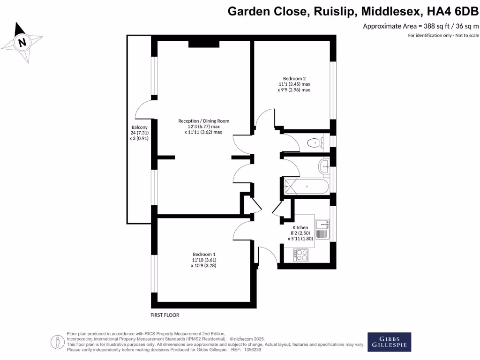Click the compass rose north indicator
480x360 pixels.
[x=22, y=42]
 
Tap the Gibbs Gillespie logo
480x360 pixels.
[x=389, y=342]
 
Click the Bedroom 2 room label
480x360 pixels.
[x=294, y=78]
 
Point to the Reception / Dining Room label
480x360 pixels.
[x=203, y=121]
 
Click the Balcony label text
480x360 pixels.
[x=139, y=127]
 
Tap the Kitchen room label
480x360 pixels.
[x=300, y=227]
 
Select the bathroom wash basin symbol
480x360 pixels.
[x=324, y=165]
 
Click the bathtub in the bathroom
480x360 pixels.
[x=307, y=187]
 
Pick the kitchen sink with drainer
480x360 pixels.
[x=322, y=230]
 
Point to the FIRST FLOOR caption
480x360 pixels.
[x=165, y=315]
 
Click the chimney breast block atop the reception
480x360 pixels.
[x=203, y=44]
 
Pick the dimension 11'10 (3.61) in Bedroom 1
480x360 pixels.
[x=204, y=260]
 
